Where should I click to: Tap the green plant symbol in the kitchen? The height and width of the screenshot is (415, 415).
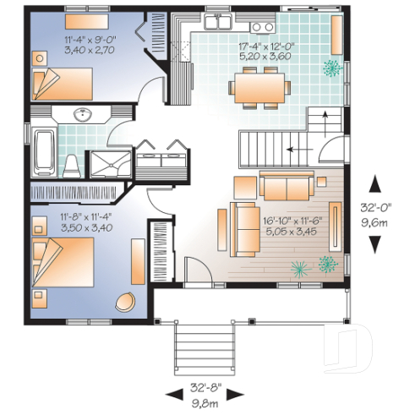point(333,68)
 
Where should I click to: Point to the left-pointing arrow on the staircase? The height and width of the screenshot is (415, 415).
point(295,149)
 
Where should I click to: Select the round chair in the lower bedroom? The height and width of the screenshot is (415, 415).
point(128,302)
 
